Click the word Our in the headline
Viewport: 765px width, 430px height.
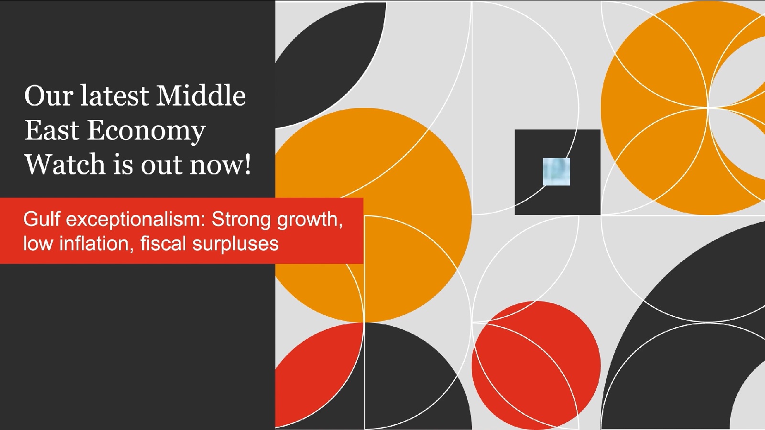tap(48, 96)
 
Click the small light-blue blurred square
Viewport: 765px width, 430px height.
tap(557, 172)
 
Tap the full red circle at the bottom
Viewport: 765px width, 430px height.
tap(536, 365)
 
